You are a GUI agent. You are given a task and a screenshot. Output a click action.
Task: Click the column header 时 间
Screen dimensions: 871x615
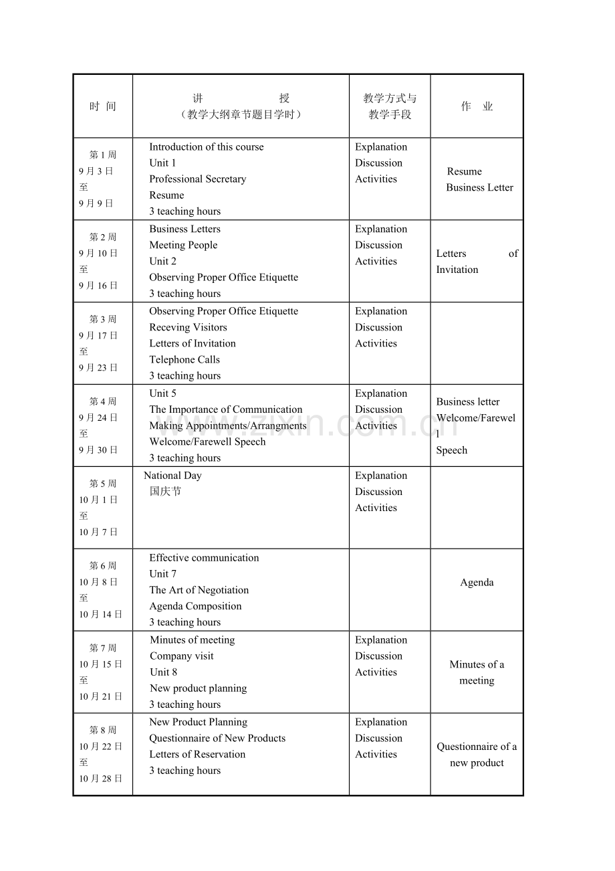coord(103,106)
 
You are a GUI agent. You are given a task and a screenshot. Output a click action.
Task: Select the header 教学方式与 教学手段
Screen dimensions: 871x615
coord(390,106)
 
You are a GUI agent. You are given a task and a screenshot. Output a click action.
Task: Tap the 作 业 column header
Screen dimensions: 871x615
coord(477,106)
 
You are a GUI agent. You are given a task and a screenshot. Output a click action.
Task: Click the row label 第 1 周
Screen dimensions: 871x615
coord(103,155)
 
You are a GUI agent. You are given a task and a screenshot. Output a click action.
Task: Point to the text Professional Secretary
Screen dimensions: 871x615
coord(197,179)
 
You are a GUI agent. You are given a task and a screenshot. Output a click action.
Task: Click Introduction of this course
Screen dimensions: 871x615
coord(206,147)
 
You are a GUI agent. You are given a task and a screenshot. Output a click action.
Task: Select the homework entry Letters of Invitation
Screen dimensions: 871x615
coord(477,262)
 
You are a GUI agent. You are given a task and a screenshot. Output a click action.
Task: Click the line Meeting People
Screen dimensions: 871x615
coord(183,246)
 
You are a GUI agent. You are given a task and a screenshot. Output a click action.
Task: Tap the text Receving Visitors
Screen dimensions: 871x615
coord(188,328)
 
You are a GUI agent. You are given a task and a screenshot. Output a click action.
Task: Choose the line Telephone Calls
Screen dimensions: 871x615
coord(184,360)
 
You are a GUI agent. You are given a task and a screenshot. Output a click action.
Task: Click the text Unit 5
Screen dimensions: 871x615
coord(162,393)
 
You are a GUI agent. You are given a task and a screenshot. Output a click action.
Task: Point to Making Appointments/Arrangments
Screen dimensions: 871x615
coord(228,426)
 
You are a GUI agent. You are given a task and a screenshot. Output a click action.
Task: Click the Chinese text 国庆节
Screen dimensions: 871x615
coord(165,492)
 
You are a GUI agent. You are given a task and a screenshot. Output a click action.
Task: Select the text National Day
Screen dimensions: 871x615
coord(172,476)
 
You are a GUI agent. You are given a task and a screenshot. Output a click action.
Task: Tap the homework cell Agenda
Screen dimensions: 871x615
coord(477,583)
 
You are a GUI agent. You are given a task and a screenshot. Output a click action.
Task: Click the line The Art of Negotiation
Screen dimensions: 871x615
coord(199,590)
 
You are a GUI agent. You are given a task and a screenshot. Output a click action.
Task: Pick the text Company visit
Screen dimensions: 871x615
coord(181,656)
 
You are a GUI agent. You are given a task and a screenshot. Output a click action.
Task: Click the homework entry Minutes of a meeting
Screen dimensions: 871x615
coord(477,672)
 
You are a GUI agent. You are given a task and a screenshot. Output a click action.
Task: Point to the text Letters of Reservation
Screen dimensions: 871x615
coord(197,755)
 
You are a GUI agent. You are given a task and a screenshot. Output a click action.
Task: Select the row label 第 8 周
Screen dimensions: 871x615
coord(103,730)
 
